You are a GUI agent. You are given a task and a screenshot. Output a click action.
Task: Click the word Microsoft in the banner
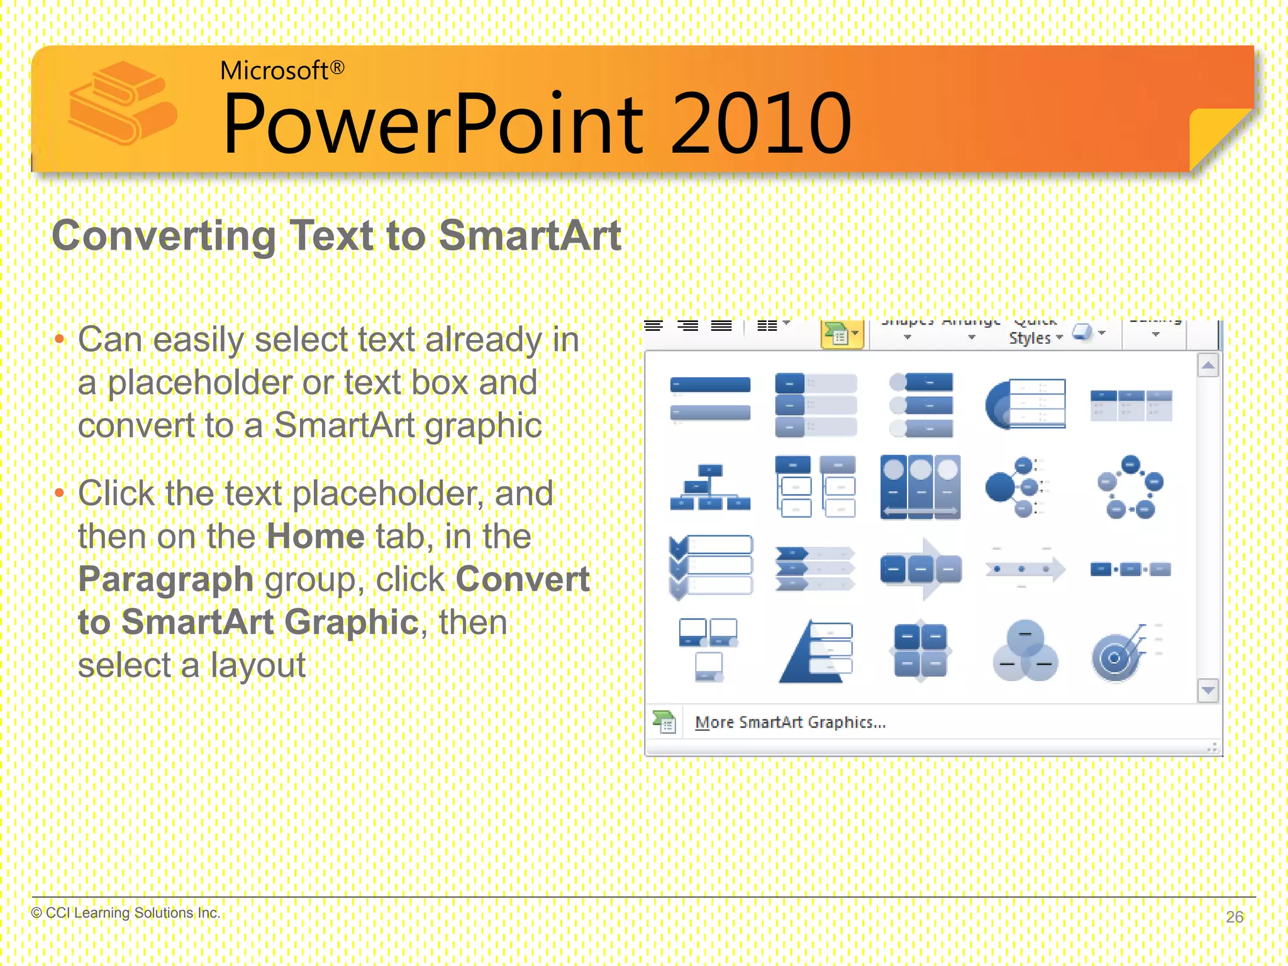(x=274, y=70)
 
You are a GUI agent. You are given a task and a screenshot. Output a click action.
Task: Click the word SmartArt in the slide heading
(x=530, y=236)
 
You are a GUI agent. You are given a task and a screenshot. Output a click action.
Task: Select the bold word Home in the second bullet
(x=316, y=536)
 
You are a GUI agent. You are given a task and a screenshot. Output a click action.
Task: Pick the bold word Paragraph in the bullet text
(x=165, y=579)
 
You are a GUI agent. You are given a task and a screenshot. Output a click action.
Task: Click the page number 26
(x=1234, y=916)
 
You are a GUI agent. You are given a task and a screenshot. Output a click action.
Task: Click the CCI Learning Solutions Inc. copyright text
(x=126, y=913)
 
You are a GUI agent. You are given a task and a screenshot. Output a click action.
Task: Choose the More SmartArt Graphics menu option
(x=790, y=722)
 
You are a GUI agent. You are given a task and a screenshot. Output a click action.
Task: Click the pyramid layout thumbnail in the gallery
(x=816, y=652)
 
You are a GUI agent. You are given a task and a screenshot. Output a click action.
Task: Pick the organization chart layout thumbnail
(x=710, y=488)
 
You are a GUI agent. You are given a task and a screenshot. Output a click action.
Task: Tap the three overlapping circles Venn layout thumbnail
(x=1025, y=652)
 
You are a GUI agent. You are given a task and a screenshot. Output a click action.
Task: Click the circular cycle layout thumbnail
(x=1130, y=487)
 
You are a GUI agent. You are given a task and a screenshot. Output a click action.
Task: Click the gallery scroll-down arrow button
(x=1207, y=691)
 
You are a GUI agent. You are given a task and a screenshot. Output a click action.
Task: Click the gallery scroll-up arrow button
(x=1207, y=365)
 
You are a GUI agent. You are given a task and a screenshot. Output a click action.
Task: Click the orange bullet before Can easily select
(x=60, y=340)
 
